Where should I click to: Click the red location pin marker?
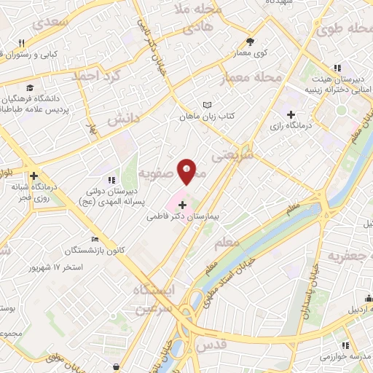click(x=187, y=170)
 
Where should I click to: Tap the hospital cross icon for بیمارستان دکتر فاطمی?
click(x=182, y=205)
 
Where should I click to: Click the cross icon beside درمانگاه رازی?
click(x=291, y=114)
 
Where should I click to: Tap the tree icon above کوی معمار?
click(x=251, y=42)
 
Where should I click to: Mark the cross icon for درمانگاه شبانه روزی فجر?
click(x=34, y=176)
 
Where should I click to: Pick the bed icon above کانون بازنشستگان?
click(x=94, y=240)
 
